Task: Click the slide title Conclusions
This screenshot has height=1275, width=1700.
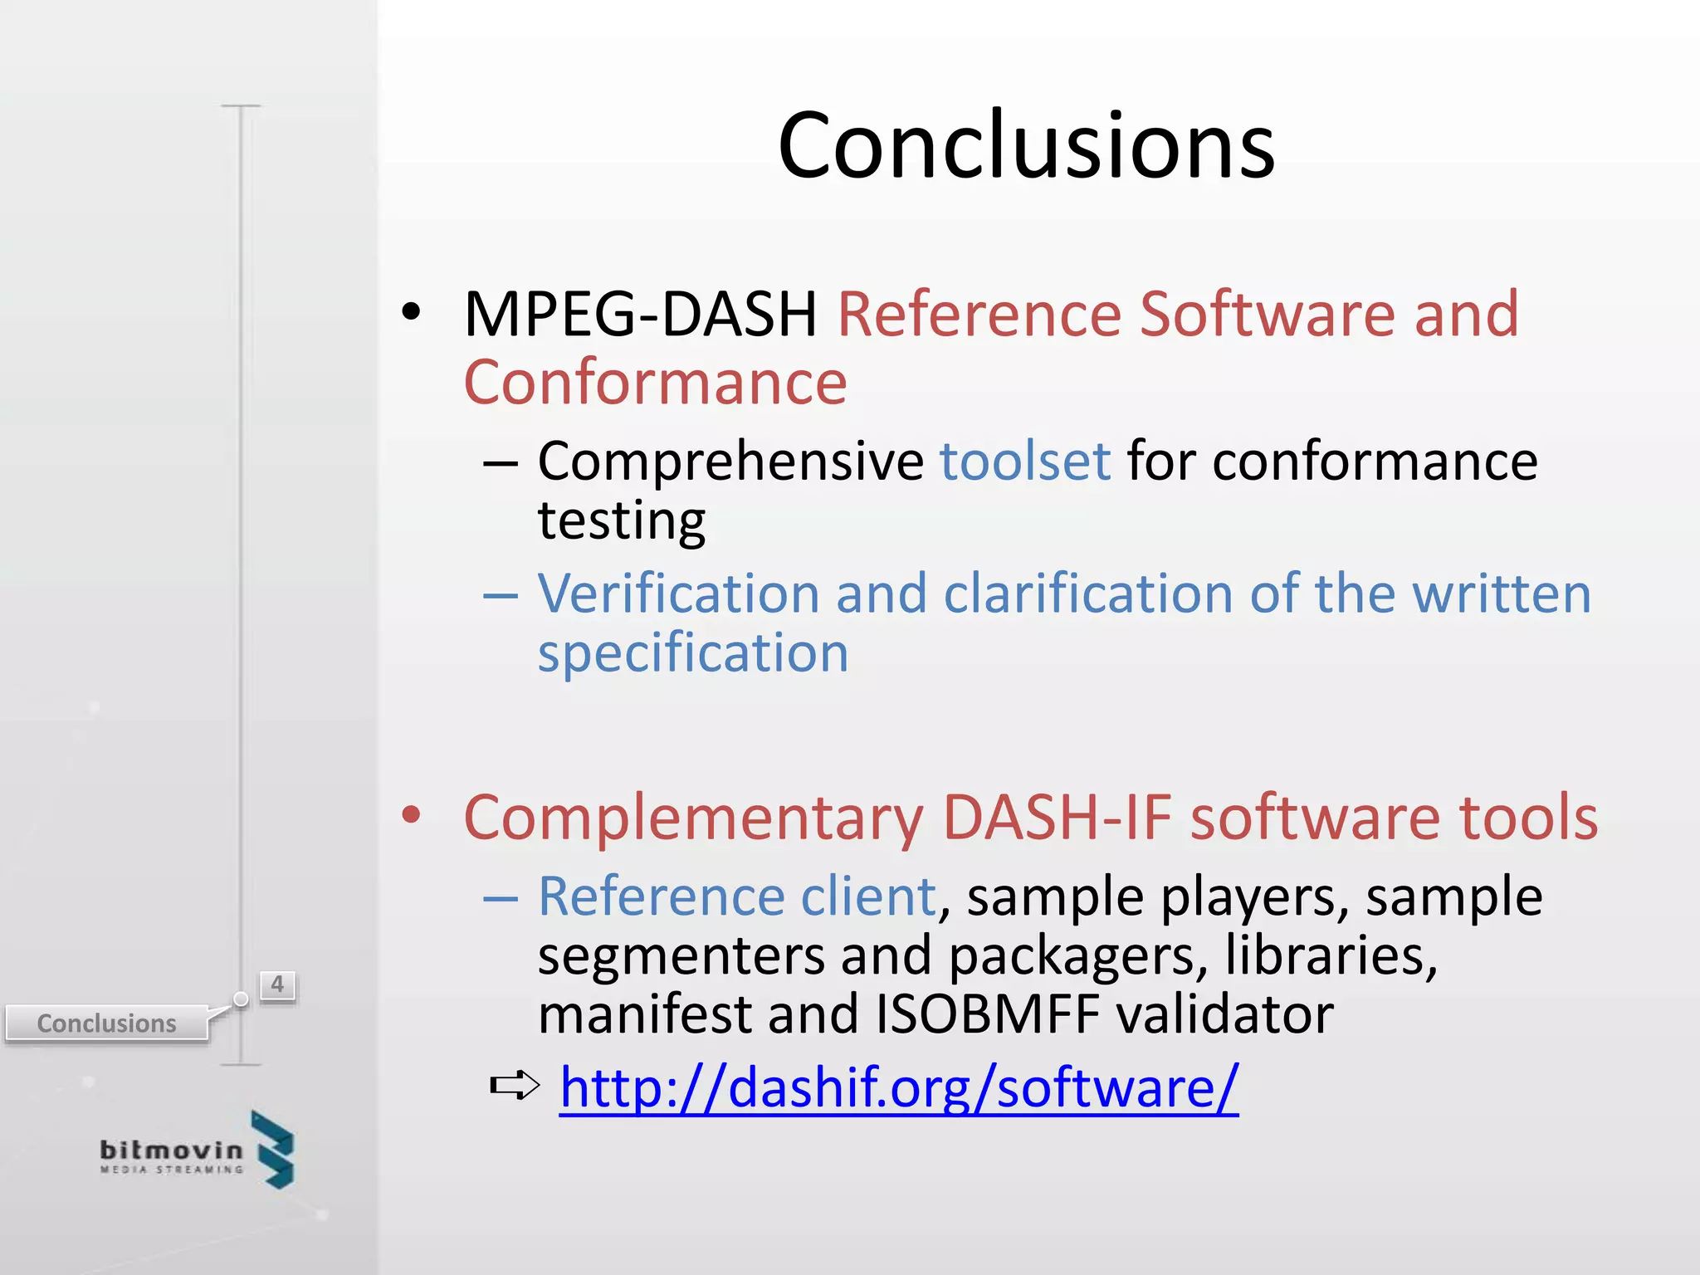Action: coord(1026,146)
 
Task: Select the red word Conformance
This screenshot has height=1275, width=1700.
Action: coord(655,383)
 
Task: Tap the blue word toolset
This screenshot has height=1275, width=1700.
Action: coord(1024,461)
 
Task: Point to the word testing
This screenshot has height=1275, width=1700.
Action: coord(622,521)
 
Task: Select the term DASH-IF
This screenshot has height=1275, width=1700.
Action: coord(1057,818)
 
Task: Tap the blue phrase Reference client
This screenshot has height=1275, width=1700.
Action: coord(737,897)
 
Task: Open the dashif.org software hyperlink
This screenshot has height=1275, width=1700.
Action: coord(899,1087)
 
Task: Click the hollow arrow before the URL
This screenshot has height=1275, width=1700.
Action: coord(515,1085)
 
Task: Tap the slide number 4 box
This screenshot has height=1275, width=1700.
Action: coord(277,985)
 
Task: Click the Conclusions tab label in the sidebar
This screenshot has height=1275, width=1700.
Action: coord(106,1023)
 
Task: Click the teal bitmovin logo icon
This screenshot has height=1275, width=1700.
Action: coord(274,1150)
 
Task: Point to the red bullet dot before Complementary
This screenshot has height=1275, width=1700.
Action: coord(411,815)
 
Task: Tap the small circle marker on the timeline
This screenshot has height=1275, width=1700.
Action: coord(241,999)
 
